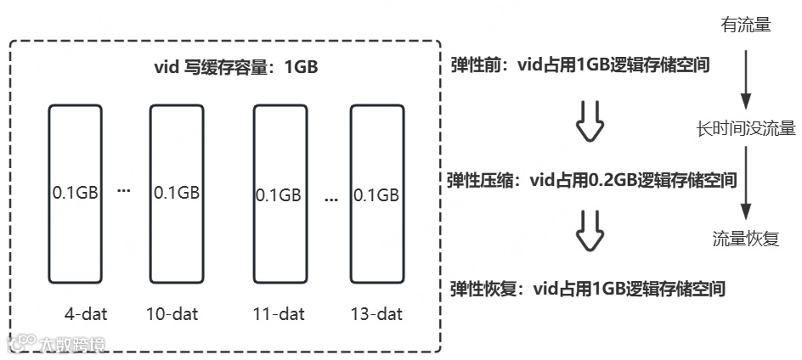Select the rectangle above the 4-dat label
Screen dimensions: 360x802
[76, 193]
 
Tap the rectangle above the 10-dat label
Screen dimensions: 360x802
[176, 193]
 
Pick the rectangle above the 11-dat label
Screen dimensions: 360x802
[279, 193]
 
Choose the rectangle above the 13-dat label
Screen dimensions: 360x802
[376, 193]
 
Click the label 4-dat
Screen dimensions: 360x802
[83, 314]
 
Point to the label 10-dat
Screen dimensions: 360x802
[172, 314]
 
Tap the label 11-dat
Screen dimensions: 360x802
[278, 314]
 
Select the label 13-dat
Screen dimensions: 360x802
[376, 314]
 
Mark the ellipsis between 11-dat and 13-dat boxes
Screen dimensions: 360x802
[330, 196]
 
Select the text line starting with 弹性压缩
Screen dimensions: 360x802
[591, 180]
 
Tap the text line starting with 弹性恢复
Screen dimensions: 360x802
[586, 289]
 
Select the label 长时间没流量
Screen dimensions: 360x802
[745, 129]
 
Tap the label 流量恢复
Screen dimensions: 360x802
[745, 239]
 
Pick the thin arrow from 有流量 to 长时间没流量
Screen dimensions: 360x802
[745, 76]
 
